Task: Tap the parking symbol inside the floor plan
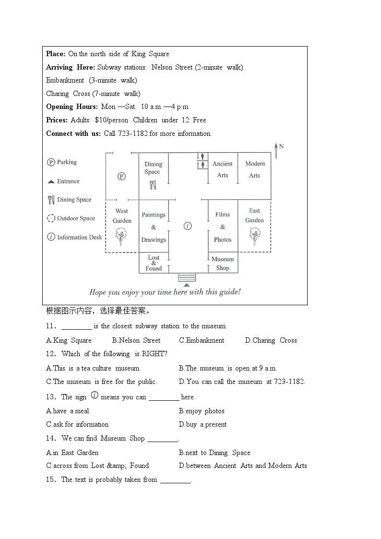click(122, 177)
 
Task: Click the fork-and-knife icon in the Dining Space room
click(153, 185)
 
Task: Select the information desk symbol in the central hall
click(188, 226)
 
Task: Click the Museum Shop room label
click(223, 264)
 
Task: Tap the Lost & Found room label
click(154, 263)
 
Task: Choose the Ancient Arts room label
click(223, 169)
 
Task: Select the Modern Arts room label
click(255, 169)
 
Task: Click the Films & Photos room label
click(223, 227)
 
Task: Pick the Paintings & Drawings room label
click(154, 227)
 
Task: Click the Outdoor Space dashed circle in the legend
click(51, 218)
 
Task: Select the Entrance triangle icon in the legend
click(51, 182)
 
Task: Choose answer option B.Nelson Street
click(136, 340)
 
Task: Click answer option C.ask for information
click(77, 424)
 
